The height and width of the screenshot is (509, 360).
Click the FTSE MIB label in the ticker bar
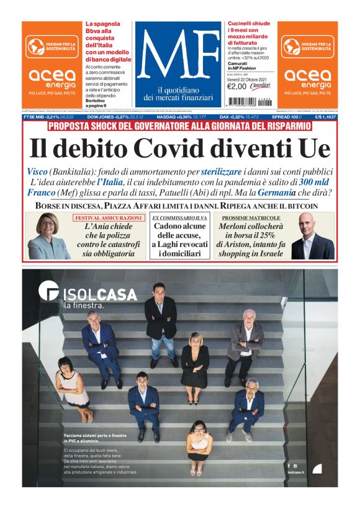coord(34,117)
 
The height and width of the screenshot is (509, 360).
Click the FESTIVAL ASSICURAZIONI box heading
coord(110,218)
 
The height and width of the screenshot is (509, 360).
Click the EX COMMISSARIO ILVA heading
coord(179,218)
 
